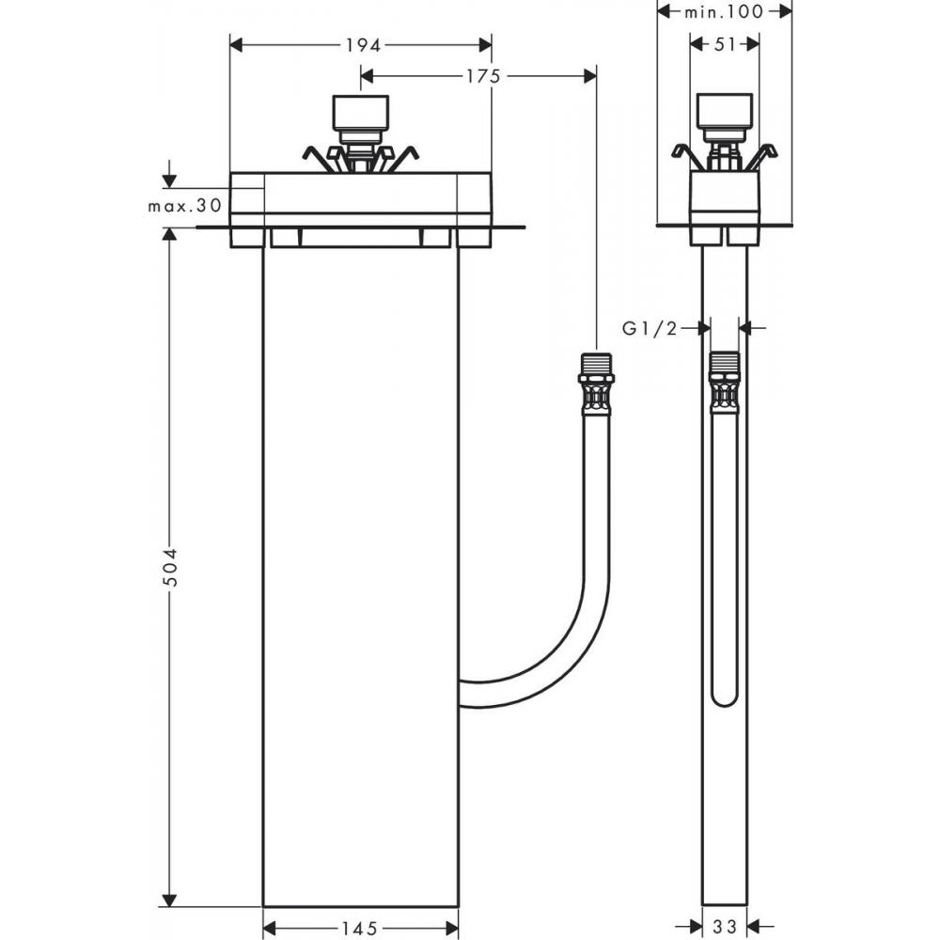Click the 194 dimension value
(360, 44)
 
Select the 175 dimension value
(482, 76)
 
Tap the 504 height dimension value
(170, 567)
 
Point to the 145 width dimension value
(359, 929)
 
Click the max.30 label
(184, 205)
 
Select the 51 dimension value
(724, 44)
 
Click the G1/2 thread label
(650, 327)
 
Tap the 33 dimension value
(724, 927)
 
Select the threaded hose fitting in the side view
(724, 383)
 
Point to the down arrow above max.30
(170, 180)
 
